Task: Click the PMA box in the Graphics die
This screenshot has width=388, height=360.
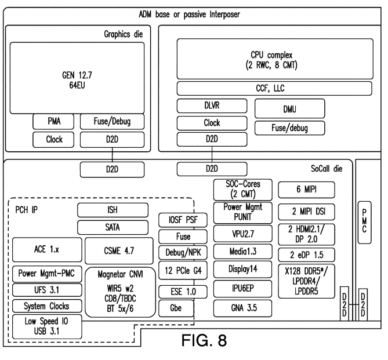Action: [53, 122]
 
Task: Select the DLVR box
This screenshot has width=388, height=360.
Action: [212, 106]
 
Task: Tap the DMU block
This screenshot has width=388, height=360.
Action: [289, 108]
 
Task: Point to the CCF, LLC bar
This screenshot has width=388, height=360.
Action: [274, 88]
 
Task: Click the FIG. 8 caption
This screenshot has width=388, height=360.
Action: [204, 340]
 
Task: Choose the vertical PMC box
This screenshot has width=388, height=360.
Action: [364, 223]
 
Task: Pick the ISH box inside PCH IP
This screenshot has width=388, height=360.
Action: [113, 210]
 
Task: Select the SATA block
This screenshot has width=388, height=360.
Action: [113, 227]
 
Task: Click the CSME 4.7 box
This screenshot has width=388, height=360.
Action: [119, 251]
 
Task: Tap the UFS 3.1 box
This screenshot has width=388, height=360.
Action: [47, 290]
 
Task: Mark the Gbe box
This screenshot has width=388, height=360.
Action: [176, 308]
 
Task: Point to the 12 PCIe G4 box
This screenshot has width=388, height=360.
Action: [183, 271]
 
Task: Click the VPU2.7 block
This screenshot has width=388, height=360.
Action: [243, 234]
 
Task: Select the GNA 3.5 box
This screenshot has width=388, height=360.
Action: [243, 308]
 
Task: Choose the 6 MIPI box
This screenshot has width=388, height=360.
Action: [306, 190]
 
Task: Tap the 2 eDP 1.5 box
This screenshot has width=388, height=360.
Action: [306, 255]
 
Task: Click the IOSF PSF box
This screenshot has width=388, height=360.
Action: [183, 220]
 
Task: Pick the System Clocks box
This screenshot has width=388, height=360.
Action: [47, 306]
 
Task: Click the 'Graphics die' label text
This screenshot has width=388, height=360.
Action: [123, 34]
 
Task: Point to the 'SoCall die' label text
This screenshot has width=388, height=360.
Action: [327, 169]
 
